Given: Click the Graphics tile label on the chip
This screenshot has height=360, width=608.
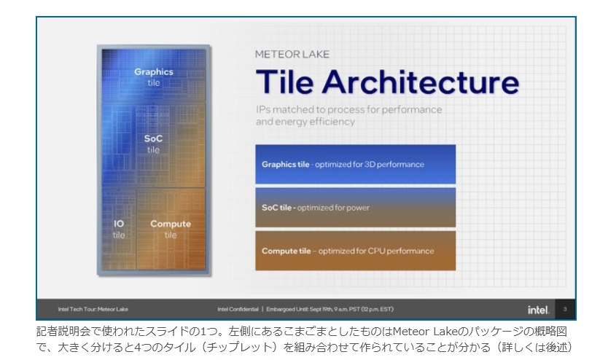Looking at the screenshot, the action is coord(154,77).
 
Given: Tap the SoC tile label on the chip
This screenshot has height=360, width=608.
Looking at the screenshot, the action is coord(153,144).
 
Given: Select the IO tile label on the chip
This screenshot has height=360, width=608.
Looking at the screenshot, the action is coord(119,229).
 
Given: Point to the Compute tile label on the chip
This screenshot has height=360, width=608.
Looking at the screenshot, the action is coord(171,229).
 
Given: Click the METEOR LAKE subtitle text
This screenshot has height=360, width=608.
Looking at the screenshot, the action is coord(292,54).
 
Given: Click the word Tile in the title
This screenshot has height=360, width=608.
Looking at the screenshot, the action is coord(284,82).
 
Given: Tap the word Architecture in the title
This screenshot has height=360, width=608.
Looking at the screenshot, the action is coord(421,82).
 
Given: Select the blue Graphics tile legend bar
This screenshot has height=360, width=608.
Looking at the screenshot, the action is coord(355,164).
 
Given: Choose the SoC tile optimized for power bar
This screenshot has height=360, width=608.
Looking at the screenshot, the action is coord(355,207).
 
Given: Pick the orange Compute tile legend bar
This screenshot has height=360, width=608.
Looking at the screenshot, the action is coord(355,251).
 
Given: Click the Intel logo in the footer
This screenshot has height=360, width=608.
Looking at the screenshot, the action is coord(538,310).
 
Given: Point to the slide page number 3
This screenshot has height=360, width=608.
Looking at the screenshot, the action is coord(565,309).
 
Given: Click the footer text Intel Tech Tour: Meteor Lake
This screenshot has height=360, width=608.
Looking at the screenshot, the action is coord(93,309).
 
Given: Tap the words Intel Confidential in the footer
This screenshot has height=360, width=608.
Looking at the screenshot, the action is coord(238,309).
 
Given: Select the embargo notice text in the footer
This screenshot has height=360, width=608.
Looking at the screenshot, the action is coord(330,309).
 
